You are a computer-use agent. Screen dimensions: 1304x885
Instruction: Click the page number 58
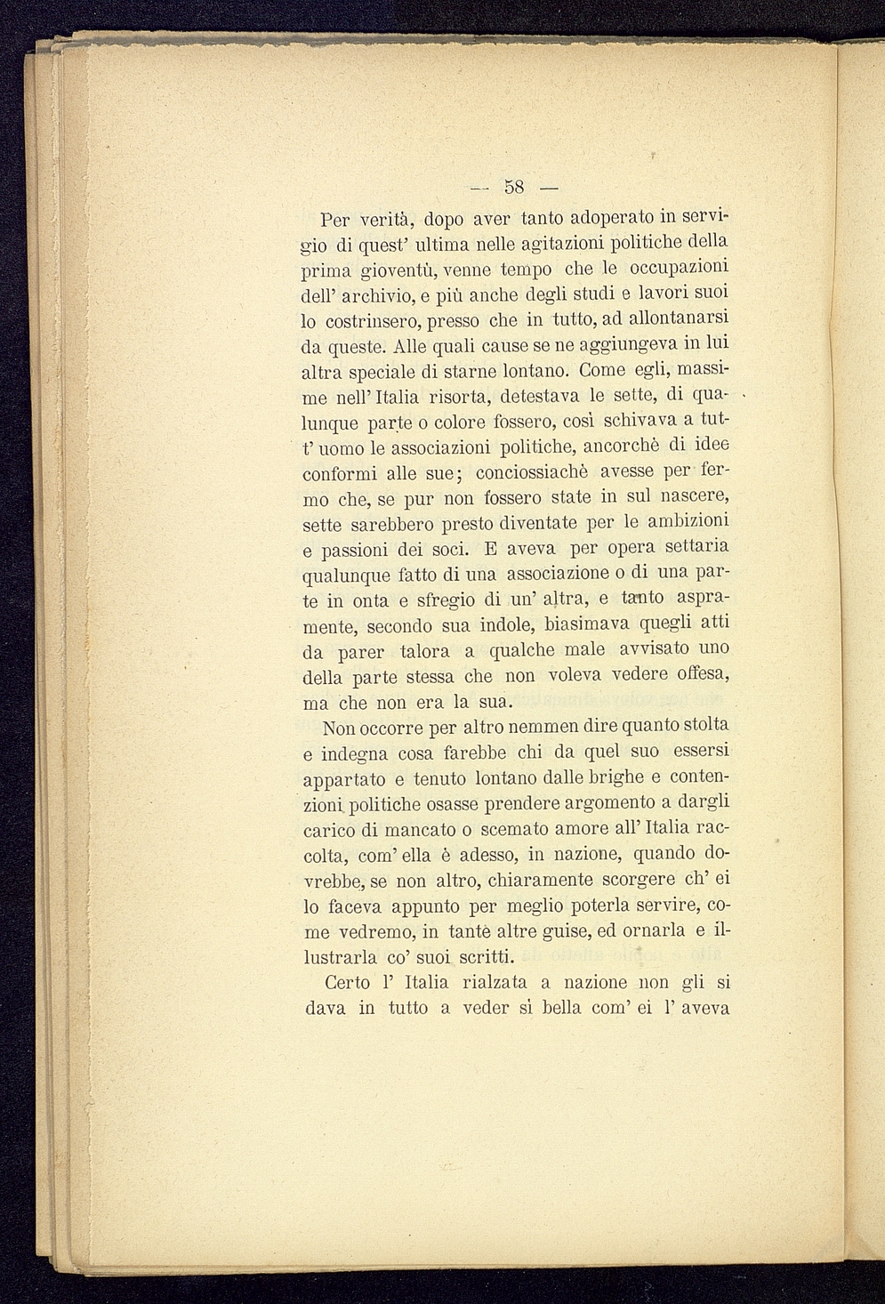pos(514,187)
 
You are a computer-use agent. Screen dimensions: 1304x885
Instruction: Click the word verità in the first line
pos(383,219)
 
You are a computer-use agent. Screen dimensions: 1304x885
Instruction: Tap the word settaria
pos(691,546)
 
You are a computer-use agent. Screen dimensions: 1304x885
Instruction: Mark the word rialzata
pos(495,983)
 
